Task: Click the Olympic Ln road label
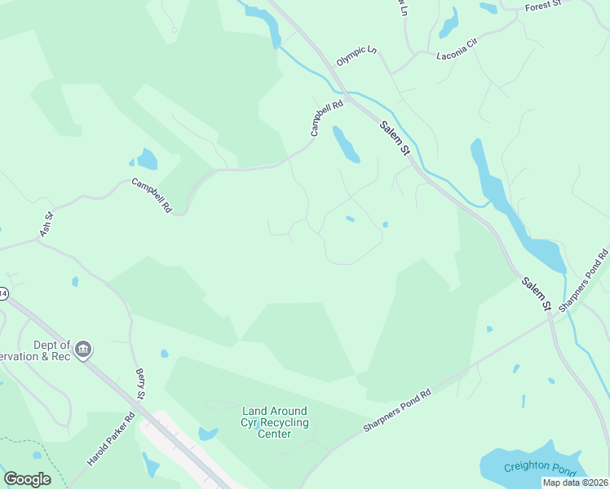click(x=357, y=56)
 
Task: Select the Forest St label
click(x=544, y=5)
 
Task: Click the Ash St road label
click(x=46, y=226)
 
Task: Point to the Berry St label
click(x=139, y=384)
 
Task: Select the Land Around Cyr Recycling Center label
click(x=274, y=422)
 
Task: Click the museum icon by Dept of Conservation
click(x=82, y=350)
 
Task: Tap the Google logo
click(x=27, y=479)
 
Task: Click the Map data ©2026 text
click(x=576, y=482)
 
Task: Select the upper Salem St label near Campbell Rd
click(x=392, y=136)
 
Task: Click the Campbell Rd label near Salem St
click(x=327, y=118)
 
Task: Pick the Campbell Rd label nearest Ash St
click(x=152, y=196)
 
